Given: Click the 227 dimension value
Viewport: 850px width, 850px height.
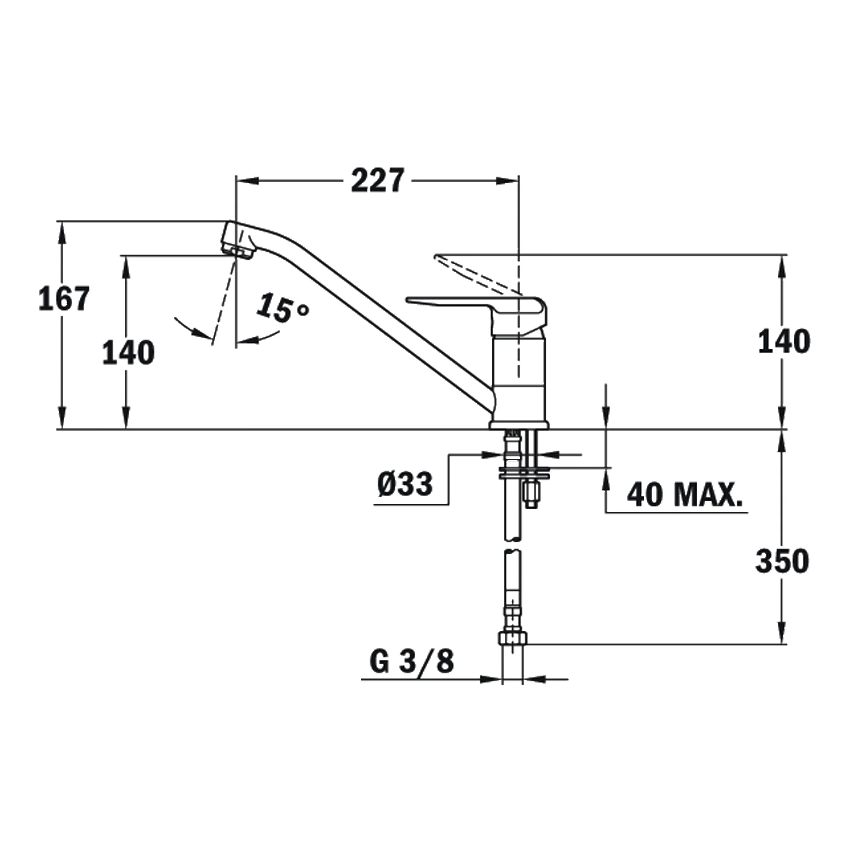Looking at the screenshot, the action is coord(378,180).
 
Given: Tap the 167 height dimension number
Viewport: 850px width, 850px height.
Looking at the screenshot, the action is coord(65,298).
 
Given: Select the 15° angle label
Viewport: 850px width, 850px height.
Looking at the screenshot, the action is coord(282,307).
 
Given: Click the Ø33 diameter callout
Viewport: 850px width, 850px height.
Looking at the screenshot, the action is coord(405,483).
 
